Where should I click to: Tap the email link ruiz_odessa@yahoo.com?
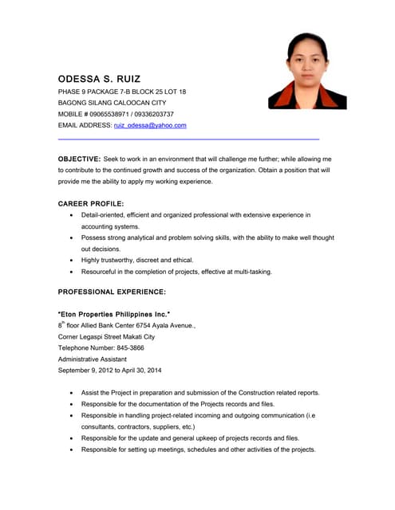pyautogui.click(x=150, y=125)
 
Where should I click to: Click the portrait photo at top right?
pyautogui.click(x=307, y=71)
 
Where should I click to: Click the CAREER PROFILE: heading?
pyautogui.click(x=91, y=203)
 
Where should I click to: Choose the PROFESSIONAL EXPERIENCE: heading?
pyautogui.click(x=112, y=292)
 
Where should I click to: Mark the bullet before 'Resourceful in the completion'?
pyautogui.click(x=72, y=272)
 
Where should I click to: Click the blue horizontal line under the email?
pyautogui.click(x=188, y=139)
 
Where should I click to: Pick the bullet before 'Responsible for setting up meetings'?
pyautogui.click(x=72, y=450)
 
